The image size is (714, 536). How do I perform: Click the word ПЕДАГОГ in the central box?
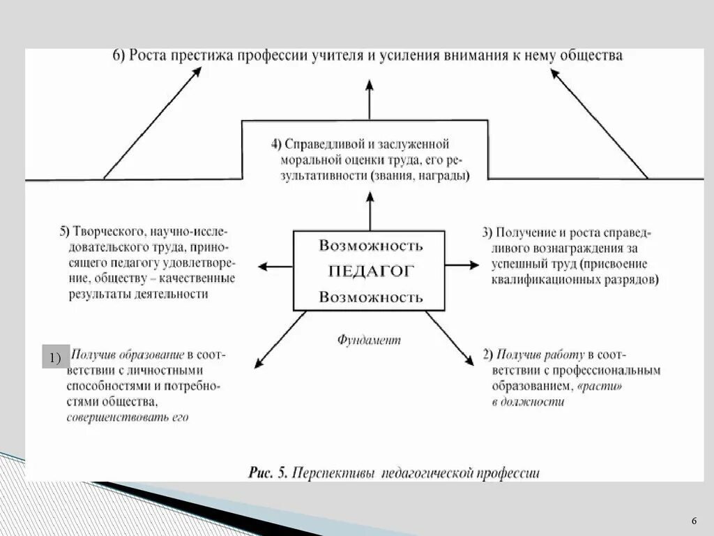(x=370, y=271)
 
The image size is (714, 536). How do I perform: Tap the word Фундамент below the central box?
(x=370, y=340)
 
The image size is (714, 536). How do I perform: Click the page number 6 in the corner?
(x=694, y=522)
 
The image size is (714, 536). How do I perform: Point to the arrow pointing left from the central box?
(x=275, y=265)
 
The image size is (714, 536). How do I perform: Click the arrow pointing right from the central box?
(x=462, y=265)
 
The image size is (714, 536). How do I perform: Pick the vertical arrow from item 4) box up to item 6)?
(x=370, y=99)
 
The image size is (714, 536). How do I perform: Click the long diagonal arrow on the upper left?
(x=151, y=123)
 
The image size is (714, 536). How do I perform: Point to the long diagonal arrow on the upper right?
(x=599, y=124)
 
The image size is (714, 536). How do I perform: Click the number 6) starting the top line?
(x=119, y=56)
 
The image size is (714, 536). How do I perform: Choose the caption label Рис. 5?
(x=268, y=472)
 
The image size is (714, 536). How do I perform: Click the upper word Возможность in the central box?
(x=370, y=246)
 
